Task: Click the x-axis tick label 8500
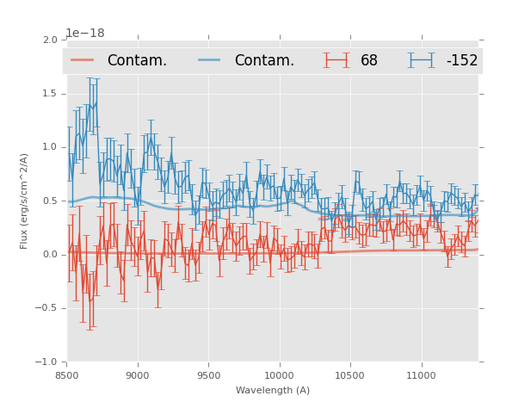[67, 375]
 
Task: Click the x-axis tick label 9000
[138, 375]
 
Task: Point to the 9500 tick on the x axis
[208, 375]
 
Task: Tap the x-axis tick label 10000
[279, 375]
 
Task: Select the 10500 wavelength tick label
[350, 375]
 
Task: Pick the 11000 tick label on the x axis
[421, 375]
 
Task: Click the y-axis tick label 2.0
[50, 40]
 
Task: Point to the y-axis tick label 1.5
[50, 93]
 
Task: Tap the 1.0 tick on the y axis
[50, 147]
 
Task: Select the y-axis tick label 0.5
[50, 201]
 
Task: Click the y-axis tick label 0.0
[50, 255]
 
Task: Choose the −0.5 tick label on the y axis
[46, 308]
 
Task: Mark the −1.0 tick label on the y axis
[46, 362]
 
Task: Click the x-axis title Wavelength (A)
[273, 391]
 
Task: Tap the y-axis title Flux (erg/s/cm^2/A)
[24, 201]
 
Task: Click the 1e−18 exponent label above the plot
[85, 34]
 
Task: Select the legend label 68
[369, 61]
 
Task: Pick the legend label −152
[461, 61]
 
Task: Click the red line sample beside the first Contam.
[83, 60]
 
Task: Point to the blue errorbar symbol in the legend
[422, 60]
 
